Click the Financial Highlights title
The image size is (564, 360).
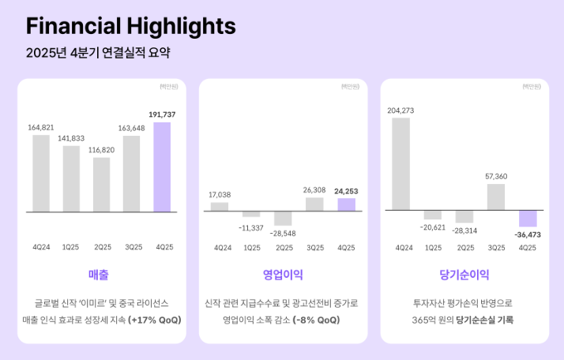pyautogui.click(x=130, y=26)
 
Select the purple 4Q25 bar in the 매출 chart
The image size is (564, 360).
pyautogui.click(x=162, y=167)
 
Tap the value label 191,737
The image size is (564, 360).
pyautogui.click(x=163, y=114)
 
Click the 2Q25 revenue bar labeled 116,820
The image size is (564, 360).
pyautogui.click(x=101, y=184)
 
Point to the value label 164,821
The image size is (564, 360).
pyautogui.click(x=41, y=127)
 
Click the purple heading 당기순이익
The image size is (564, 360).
pyautogui.click(x=464, y=274)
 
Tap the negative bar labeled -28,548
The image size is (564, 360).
pyautogui.click(x=283, y=218)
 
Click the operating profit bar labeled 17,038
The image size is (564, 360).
pyautogui.click(x=219, y=206)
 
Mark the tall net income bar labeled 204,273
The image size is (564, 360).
pyautogui.click(x=401, y=163)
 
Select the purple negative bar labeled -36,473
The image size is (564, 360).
pyautogui.click(x=528, y=218)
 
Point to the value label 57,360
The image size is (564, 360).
pyautogui.click(x=497, y=176)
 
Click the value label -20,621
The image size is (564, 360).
pyautogui.click(x=433, y=226)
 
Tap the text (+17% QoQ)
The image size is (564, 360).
pyautogui.click(x=154, y=319)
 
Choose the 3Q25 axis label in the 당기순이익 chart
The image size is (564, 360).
pyautogui.click(x=497, y=247)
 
